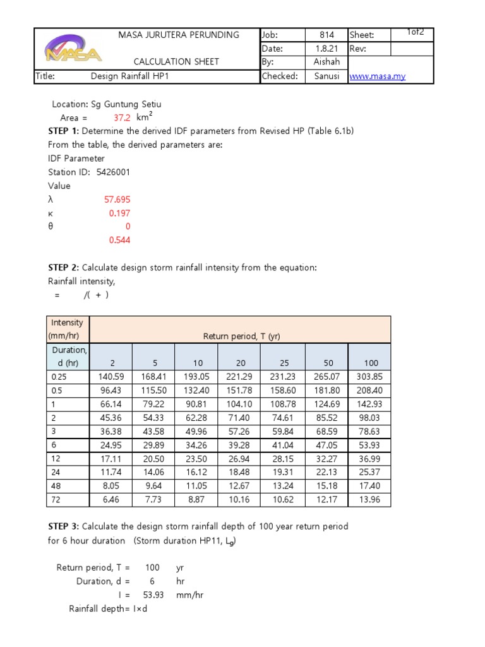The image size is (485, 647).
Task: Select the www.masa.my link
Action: (x=378, y=76)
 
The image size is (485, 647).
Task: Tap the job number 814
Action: (x=326, y=35)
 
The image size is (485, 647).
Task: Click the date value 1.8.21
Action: (x=326, y=49)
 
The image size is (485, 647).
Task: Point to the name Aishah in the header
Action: (x=326, y=62)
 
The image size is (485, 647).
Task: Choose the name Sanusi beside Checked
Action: (x=326, y=76)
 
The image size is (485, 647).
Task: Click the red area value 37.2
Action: (x=123, y=118)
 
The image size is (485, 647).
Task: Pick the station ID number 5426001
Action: (x=114, y=172)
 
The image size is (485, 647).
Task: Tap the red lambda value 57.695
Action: (x=117, y=200)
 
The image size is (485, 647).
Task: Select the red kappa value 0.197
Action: (x=119, y=214)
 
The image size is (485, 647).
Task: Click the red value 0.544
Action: (x=119, y=240)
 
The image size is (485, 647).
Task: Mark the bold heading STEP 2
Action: (x=63, y=267)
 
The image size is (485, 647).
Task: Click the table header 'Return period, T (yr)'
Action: (x=241, y=337)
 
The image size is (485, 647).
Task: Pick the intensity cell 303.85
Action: (x=369, y=377)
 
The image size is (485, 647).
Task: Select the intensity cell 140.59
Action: (x=111, y=377)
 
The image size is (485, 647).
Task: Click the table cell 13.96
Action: (x=369, y=500)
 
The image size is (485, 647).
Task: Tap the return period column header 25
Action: (x=284, y=363)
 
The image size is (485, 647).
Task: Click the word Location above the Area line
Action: (x=70, y=104)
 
